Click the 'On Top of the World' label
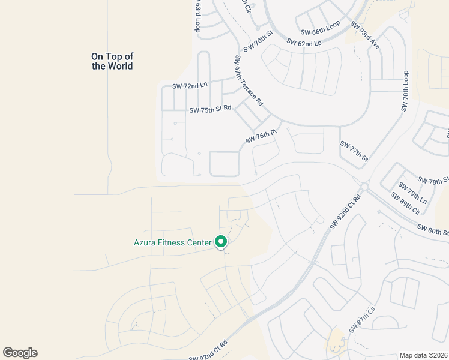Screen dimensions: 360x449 tap(112, 61)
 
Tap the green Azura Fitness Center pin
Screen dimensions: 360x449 tap(221, 242)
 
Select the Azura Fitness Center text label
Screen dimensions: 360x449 tap(172, 243)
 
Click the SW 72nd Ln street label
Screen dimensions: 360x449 tap(189, 86)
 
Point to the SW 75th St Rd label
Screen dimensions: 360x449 tap(210, 110)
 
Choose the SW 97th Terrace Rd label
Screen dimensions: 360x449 tap(249, 81)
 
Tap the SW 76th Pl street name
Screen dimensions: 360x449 tap(260, 137)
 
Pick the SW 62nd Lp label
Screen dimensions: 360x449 tap(304, 43)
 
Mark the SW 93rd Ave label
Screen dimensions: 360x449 tap(366, 36)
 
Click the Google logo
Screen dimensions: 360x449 tap(20, 353)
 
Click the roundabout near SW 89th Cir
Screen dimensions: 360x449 tap(364, 187)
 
